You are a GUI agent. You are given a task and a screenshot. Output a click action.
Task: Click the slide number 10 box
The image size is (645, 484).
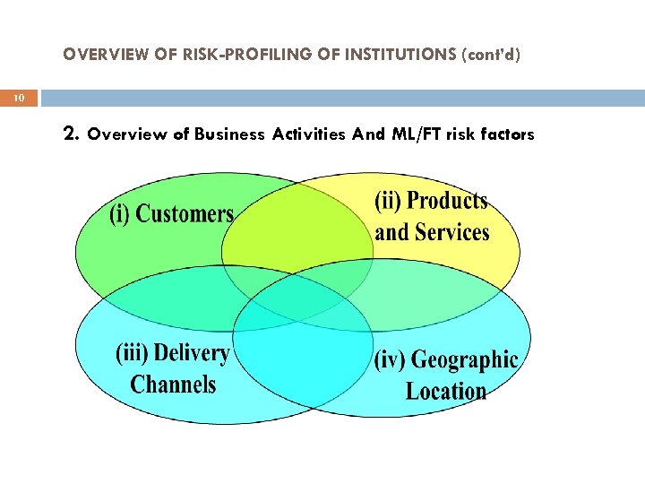pos(19,98)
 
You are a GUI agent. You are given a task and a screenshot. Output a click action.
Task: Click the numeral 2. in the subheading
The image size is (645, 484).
pos(73,134)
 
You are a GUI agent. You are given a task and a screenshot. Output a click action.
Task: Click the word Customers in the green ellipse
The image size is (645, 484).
pos(185,214)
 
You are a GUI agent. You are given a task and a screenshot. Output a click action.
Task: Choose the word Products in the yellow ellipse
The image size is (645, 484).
pos(446,201)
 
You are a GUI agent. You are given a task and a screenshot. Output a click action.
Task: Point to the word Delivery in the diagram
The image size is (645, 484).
pos(192,353)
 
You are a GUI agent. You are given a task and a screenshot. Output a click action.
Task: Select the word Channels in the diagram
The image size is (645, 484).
pos(173,385)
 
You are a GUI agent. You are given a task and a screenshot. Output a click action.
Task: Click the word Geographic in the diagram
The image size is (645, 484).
pos(464,360)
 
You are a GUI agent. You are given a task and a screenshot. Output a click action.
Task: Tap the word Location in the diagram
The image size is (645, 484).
pos(445,391)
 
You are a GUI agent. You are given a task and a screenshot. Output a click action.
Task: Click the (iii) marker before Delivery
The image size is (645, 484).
pos(132,353)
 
